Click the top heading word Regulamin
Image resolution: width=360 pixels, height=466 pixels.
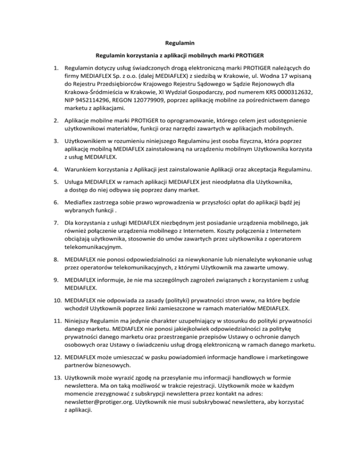tap(180, 43)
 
